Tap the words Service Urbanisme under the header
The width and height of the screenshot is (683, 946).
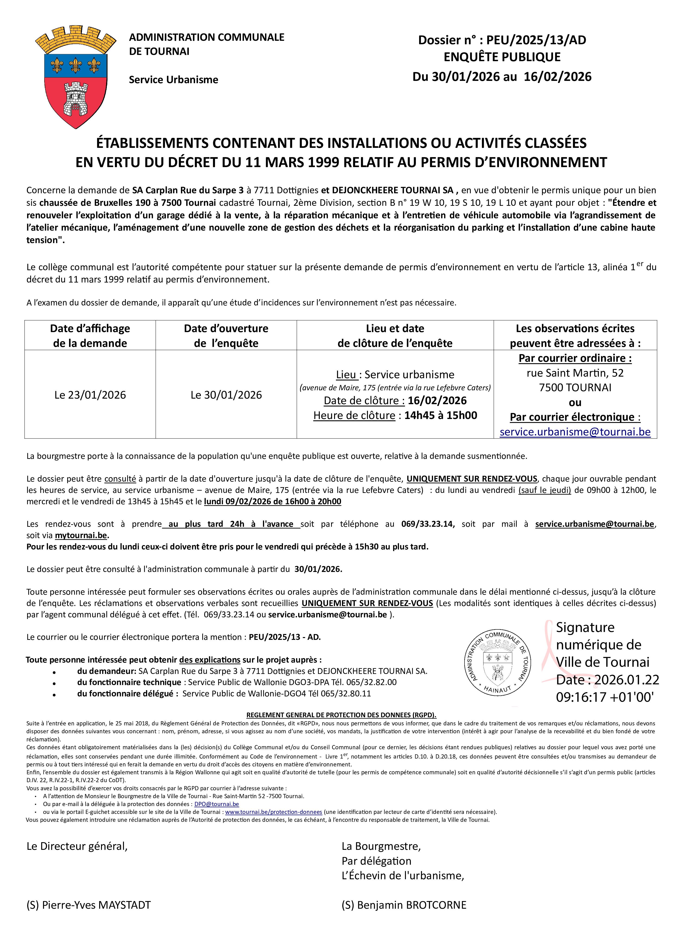(174, 80)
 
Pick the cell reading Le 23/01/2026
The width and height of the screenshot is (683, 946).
(90, 395)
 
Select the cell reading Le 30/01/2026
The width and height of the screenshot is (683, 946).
(226, 395)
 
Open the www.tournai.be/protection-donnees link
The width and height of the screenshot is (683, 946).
(274, 812)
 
